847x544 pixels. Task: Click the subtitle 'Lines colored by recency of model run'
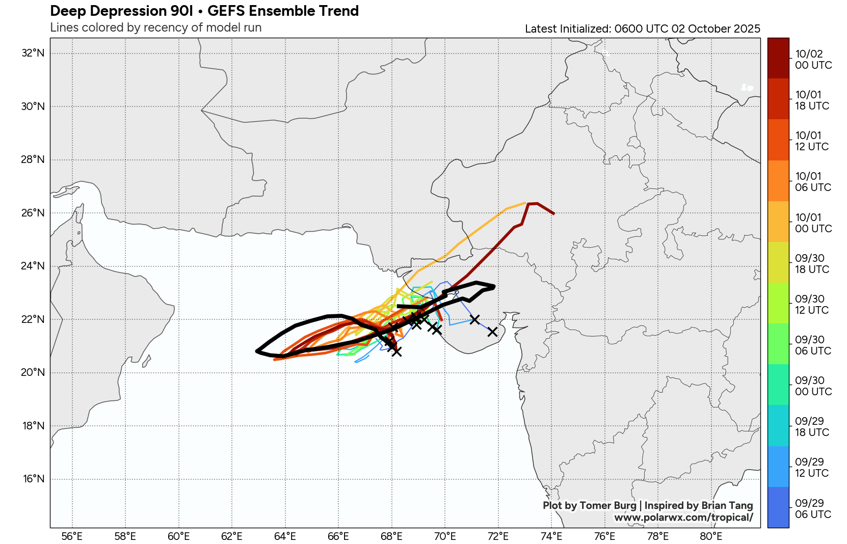(x=155, y=28)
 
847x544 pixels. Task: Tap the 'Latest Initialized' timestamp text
(x=642, y=29)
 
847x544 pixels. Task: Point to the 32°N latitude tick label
(x=33, y=53)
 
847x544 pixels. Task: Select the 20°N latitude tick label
(x=33, y=372)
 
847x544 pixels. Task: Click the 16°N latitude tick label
(x=34, y=479)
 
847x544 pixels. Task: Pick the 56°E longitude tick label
(x=72, y=536)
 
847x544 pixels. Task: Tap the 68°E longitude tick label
(x=391, y=536)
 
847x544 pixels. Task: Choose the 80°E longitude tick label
(x=711, y=536)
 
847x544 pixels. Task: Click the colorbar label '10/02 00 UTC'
(x=813, y=60)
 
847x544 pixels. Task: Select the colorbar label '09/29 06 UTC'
(x=813, y=509)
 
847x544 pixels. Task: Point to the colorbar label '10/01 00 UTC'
(x=813, y=223)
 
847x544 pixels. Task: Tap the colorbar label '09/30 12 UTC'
(x=812, y=305)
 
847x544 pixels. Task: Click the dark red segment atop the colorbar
(x=778, y=58)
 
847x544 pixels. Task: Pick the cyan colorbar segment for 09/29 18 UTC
(x=778, y=425)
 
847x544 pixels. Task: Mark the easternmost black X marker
(x=492, y=332)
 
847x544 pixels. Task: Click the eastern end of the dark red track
(x=553, y=213)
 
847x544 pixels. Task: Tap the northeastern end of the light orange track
(x=525, y=203)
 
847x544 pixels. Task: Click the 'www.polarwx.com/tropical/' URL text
(x=683, y=518)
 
